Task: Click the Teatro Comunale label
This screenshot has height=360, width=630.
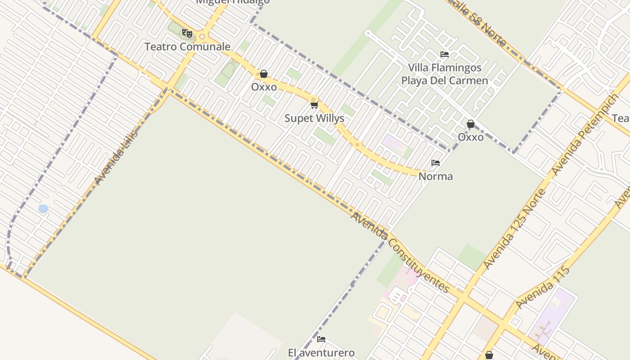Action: [x=187, y=46]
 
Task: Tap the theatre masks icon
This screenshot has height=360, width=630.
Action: [x=187, y=33]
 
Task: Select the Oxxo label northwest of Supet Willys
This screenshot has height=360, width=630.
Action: [x=264, y=87]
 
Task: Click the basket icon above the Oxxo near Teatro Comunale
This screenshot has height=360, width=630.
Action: [x=264, y=74]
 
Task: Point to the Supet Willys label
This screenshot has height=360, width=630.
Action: [x=314, y=118]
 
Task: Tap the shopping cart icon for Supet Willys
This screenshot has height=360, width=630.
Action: [x=314, y=105]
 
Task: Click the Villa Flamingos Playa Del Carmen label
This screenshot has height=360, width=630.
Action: [x=445, y=74]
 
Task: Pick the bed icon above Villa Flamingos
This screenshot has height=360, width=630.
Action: [x=445, y=54]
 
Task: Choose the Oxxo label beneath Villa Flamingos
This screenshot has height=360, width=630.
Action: [x=471, y=137]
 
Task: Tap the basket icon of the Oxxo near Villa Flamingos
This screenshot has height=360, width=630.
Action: [x=471, y=124]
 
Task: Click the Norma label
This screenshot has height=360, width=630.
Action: [x=436, y=176]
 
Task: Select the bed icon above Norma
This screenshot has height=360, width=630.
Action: [x=436, y=163]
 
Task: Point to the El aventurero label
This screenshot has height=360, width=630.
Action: [x=321, y=353]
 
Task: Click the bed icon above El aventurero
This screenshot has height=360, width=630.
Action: [x=321, y=339]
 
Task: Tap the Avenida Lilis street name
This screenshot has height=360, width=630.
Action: [x=116, y=157]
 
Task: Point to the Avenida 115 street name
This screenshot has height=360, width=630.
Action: [x=542, y=288]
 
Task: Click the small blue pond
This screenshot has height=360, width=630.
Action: [x=43, y=208]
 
